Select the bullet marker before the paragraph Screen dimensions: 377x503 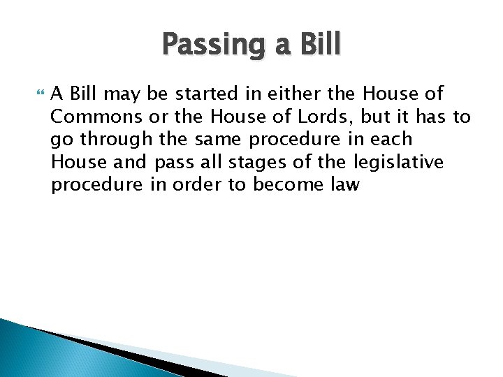38,93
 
